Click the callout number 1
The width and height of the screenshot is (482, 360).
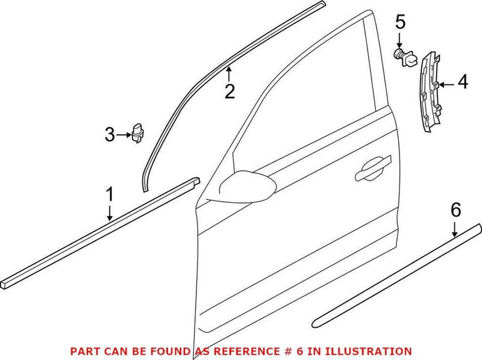pos(110,196)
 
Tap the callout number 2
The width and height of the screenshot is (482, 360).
pos(230,92)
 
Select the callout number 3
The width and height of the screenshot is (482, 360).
pos(109,135)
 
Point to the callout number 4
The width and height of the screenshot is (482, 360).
pos(462,82)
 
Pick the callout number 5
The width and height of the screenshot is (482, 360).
pos(400,24)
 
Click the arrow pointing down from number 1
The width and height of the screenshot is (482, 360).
pos(110,214)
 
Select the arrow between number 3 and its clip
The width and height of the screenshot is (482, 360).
pos(124,135)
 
